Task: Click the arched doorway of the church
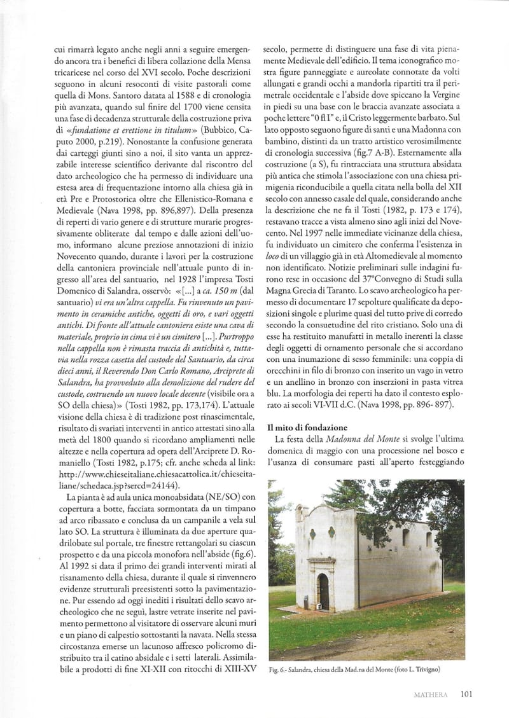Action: point(323,591)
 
